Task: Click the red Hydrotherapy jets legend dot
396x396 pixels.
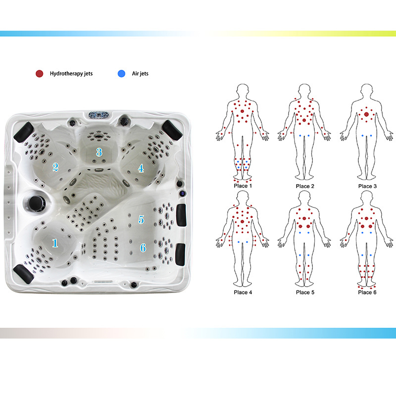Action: point(40,73)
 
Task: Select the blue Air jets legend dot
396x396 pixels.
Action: point(121,73)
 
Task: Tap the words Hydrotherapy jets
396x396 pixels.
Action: point(71,74)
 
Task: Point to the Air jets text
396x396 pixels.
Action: point(140,73)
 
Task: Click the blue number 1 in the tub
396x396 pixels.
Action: point(55,243)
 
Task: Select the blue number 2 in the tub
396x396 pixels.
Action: point(55,167)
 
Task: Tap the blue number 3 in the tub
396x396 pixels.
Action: point(99,152)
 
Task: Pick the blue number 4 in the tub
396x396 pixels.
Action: point(141,168)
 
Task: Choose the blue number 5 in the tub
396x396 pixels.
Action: point(141,219)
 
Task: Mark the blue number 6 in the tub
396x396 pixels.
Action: point(143,248)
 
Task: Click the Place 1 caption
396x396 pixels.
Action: point(243,186)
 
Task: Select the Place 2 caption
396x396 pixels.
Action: point(305,186)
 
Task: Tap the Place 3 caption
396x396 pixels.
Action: point(367,186)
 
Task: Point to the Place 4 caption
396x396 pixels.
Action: point(243,292)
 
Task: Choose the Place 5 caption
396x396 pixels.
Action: point(305,292)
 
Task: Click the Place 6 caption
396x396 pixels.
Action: point(367,292)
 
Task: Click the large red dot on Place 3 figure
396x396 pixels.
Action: point(366,114)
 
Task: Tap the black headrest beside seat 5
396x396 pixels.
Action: point(181,215)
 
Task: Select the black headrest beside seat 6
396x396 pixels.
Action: point(180,254)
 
